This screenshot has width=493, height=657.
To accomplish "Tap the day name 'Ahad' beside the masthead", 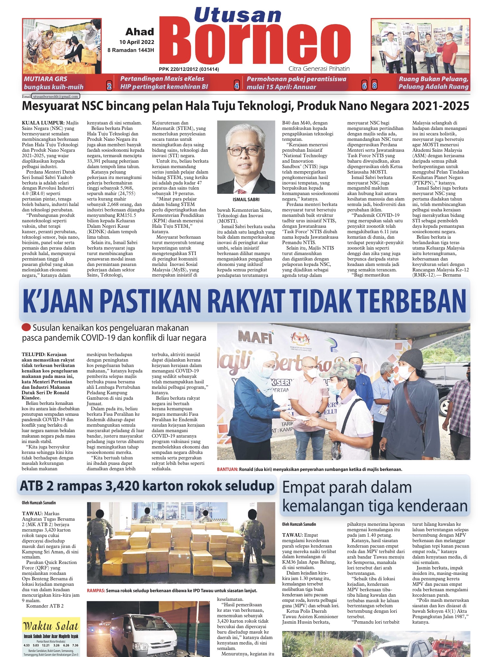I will [x=140, y=32].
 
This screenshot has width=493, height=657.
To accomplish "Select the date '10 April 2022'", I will [x=136, y=42].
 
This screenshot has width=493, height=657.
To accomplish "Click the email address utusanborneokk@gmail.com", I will [x=56, y=96].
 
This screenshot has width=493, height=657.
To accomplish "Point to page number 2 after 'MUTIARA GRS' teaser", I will [x=109, y=86].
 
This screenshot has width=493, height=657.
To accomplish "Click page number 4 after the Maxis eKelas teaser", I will [x=237, y=86].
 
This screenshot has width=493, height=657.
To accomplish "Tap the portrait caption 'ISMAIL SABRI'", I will [x=246, y=199].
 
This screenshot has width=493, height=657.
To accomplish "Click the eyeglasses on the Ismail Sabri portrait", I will [x=246, y=151].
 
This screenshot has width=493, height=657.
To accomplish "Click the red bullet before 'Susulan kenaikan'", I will [x=26, y=328].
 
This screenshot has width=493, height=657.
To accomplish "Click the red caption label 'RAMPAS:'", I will [x=96, y=591].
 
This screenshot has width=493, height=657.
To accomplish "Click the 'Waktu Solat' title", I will [x=51, y=626].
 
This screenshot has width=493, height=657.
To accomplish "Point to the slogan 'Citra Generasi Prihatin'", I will [x=319, y=69].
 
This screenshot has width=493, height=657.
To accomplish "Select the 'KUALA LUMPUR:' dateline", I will [x=43, y=123].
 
